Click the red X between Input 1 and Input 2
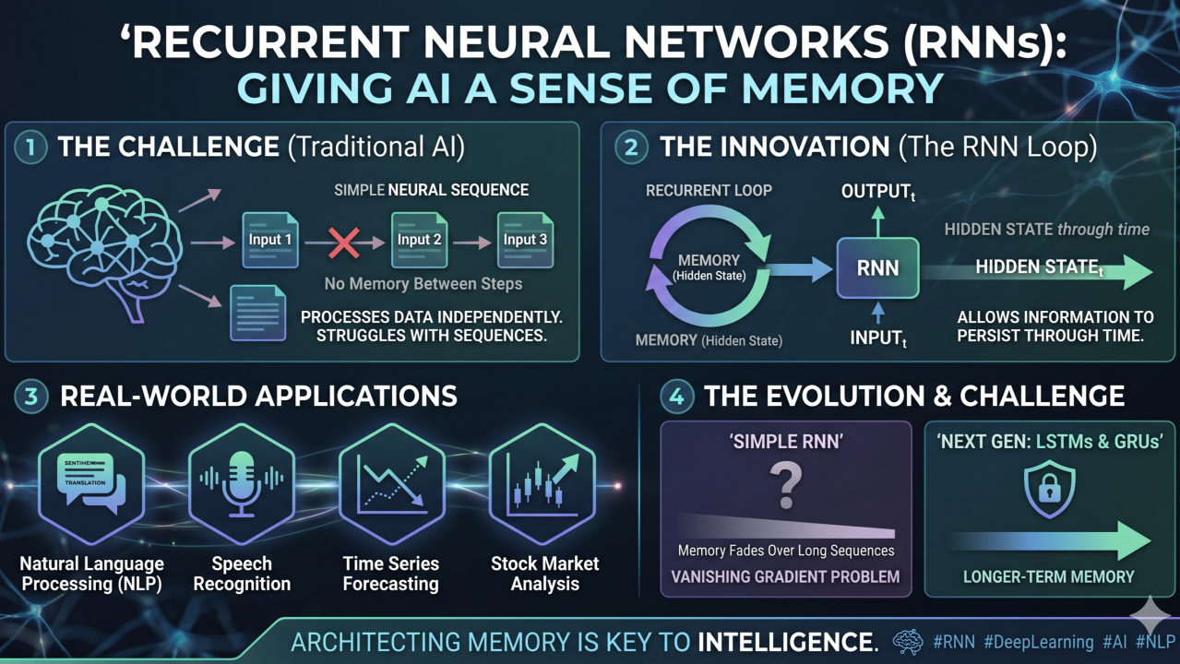(x=344, y=243)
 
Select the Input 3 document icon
(x=525, y=240)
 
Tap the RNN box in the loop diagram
(x=877, y=268)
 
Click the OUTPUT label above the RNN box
(x=878, y=192)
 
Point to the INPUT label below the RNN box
(x=878, y=338)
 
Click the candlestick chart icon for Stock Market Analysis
(x=542, y=484)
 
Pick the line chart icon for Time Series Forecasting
(x=392, y=484)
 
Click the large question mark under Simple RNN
(x=786, y=485)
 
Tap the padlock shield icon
(x=1049, y=489)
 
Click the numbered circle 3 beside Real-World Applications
(x=31, y=396)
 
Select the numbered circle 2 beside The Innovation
(x=631, y=147)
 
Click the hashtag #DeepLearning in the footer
(x=1039, y=642)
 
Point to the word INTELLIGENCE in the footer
(x=788, y=642)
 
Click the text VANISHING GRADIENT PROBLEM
(x=785, y=576)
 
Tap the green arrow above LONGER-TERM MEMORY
(x=1051, y=541)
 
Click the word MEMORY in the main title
(x=842, y=88)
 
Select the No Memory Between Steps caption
(x=423, y=284)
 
